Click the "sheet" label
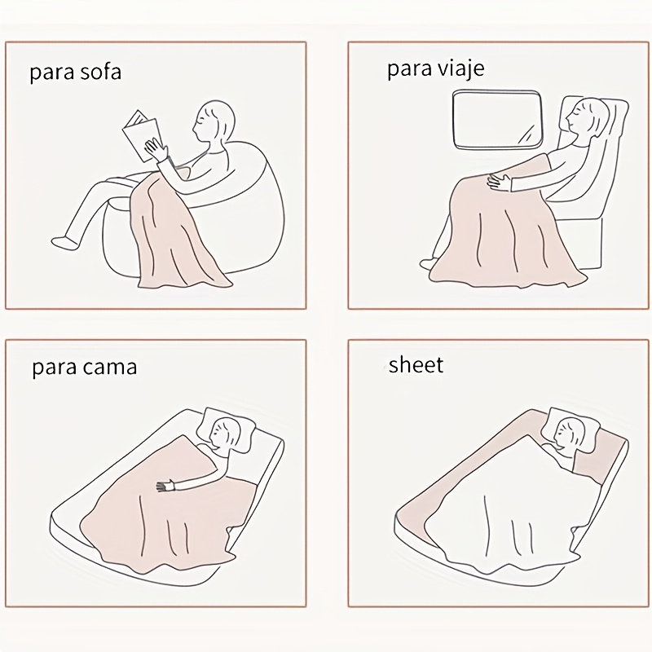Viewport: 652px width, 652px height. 416,364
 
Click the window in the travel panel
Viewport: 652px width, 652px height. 497,120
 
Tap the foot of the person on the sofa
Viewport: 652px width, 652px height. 63,241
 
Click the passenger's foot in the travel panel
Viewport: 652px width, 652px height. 427,264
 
